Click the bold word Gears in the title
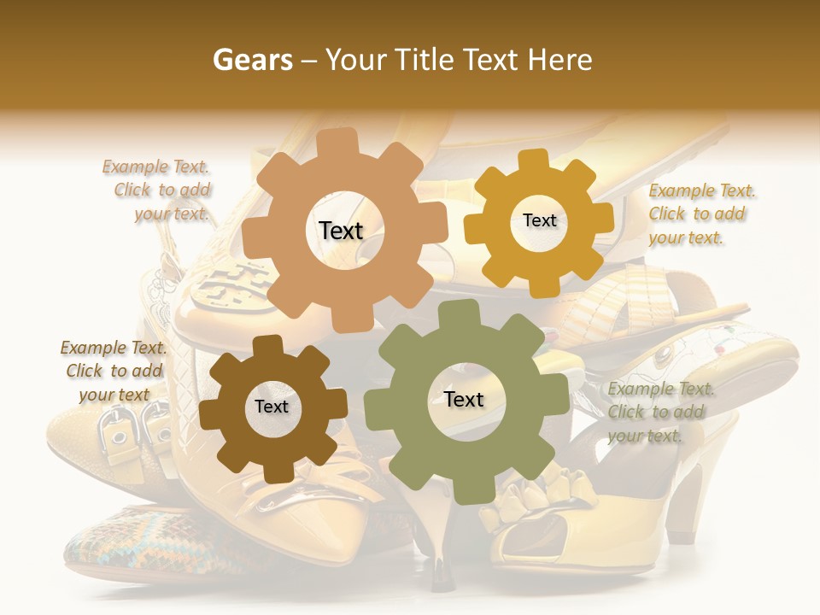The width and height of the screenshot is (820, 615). [x=252, y=60]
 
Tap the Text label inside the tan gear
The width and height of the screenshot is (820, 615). [x=341, y=231]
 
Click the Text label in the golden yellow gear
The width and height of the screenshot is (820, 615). [x=539, y=220]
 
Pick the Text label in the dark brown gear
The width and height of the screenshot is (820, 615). [x=272, y=407]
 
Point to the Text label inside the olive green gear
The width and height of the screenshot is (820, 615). [x=464, y=399]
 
